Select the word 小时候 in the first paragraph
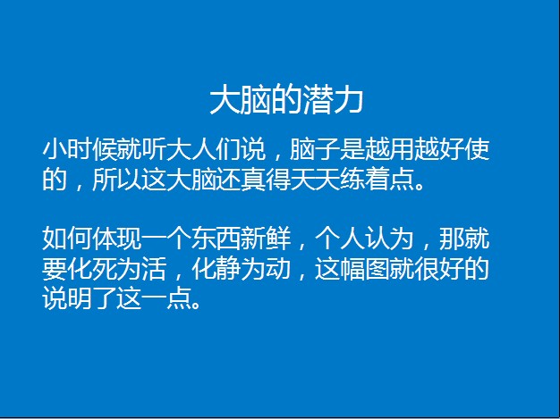pyautogui.click(x=80, y=149)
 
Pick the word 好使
pyautogui.click(x=464, y=149)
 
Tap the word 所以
pyautogui.click(x=116, y=179)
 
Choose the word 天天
pyautogui.click(x=315, y=179)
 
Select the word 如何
pyautogui.click(x=67, y=239)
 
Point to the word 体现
pyautogui.click(x=116, y=239)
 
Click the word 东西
pyautogui.click(x=216, y=239)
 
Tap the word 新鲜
pyautogui.click(x=265, y=239)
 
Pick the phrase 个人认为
pyautogui.click(x=364, y=239)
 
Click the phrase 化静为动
pyautogui.click(x=241, y=268)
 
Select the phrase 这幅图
pyautogui.click(x=352, y=268)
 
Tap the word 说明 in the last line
pyautogui.click(x=67, y=297)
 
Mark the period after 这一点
pyautogui.click(x=195, y=304)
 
